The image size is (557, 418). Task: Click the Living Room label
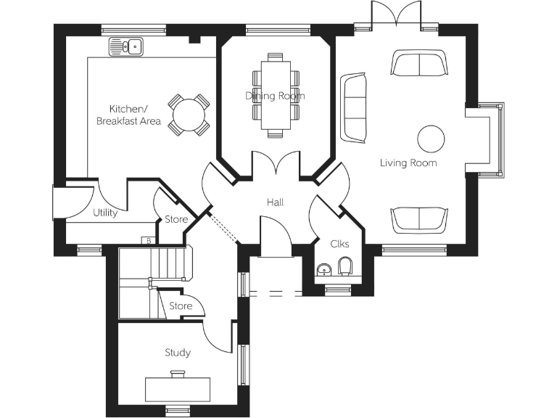pyautogui.click(x=408, y=163)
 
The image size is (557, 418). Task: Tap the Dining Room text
pyautogui.click(x=275, y=96)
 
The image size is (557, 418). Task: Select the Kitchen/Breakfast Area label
pyautogui.click(x=129, y=115)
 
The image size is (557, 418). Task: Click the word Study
pyautogui.click(x=178, y=353)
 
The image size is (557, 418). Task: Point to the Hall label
pyautogui.click(x=275, y=202)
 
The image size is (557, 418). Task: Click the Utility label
pyautogui.click(x=106, y=213)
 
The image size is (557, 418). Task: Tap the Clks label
pyautogui.click(x=339, y=244)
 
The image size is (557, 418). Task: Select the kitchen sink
pyautogui.click(x=126, y=48)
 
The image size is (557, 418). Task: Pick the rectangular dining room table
pyautogui.click(x=275, y=95)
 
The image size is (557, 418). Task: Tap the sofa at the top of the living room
pyautogui.click(x=418, y=63)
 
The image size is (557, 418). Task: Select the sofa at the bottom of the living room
pyautogui.click(x=418, y=220)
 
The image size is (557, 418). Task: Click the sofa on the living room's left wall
pyautogui.click(x=354, y=107)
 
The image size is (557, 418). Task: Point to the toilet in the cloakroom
pyautogui.click(x=345, y=266)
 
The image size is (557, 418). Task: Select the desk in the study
pyautogui.click(x=178, y=388)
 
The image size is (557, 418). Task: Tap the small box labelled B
pyautogui.click(x=148, y=240)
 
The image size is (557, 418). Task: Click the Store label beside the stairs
pyautogui.click(x=181, y=306)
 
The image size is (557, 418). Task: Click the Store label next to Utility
pyautogui.click(x=176, y=219)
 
